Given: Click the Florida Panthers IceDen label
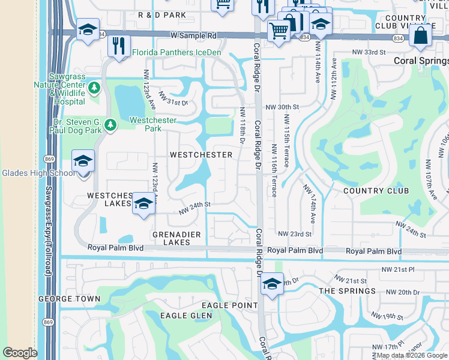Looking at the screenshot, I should coord(176,52).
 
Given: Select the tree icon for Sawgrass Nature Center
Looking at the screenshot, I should coord(94,89).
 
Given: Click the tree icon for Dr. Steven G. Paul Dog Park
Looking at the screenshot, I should coord(110,125).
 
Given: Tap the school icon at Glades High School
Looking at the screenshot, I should coord(83,161).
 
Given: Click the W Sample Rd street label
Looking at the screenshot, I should coord(193,36).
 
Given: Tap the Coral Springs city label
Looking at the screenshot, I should coord(420,61).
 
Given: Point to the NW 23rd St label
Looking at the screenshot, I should coord(294,233).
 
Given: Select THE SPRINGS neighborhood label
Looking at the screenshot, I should coord(348,291).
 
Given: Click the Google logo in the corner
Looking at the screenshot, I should coord(20,353).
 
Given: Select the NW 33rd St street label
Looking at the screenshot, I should coord(368,52).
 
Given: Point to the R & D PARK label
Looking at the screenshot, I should coord(161,14).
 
